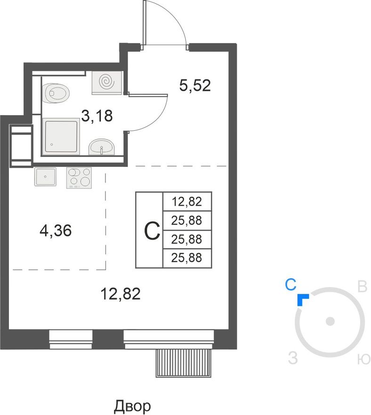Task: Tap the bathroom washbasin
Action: point(102,146)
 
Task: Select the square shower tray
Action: point(61,136)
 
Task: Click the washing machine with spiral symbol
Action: point(107,83)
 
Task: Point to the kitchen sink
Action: point(45,176)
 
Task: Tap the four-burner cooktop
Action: point(79,178)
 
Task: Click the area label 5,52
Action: point(195,86)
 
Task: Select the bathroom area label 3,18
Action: point(97,116)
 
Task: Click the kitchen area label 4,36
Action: point(56,231)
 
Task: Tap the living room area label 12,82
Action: point(121,294)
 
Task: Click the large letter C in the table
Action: point(152,231)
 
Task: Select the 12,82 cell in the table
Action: point(187,202)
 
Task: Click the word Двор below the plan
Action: point(132,406)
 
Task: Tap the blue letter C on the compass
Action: point(290,285)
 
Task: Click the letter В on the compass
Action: point(362,287)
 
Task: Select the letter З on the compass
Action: point(293,358)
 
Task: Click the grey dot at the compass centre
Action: point(331,322)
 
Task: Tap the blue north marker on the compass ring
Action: point(302,299)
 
